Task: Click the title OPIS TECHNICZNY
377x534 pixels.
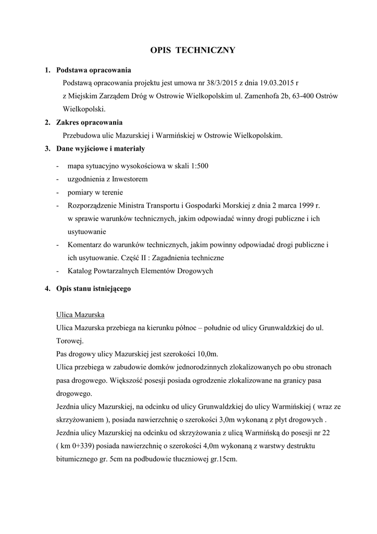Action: (x=193, y=50)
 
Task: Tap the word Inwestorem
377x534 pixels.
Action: (x=130, y=179)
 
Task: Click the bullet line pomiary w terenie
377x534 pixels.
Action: (x=95, y=192)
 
